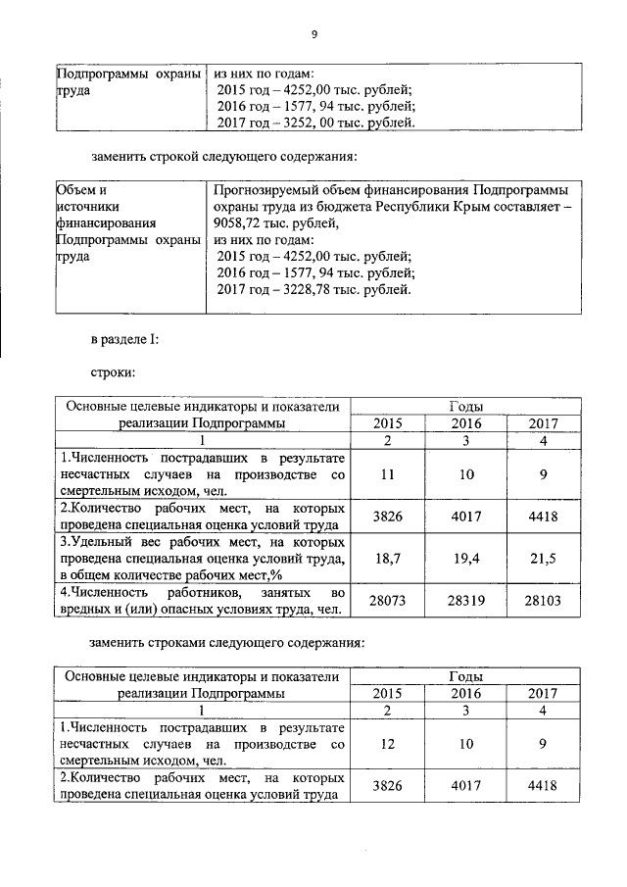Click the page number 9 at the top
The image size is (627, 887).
[313, 34]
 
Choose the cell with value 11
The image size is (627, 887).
[388, 474]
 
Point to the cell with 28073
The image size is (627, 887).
[388, 600]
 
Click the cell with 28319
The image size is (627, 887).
[464, 600]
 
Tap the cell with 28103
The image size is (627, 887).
[542, 600]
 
